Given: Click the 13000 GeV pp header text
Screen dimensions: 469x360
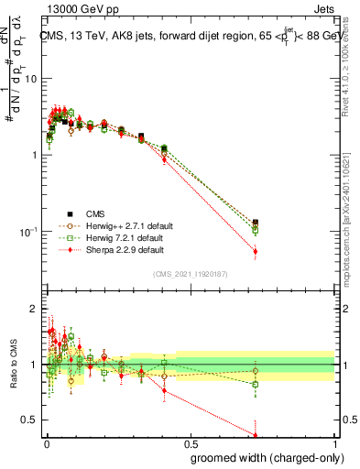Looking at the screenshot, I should tap(71, 11).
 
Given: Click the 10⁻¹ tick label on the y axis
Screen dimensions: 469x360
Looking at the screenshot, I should tap(28, 231).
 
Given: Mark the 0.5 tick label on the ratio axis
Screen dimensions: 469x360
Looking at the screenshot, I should tap(28, 420).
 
